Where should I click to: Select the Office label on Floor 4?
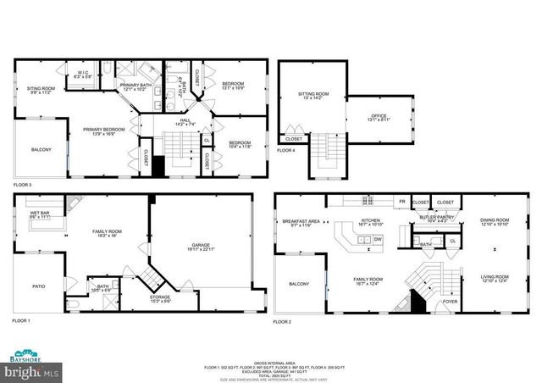click(378, 118)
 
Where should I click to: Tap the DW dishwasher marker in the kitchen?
click(377, 240)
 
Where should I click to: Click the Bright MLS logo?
click(31, 372)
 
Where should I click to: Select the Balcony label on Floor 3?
click(41, 150)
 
